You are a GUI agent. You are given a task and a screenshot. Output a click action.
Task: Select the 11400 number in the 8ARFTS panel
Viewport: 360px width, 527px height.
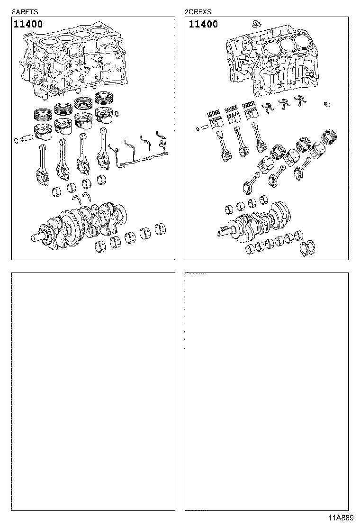pos(28,24)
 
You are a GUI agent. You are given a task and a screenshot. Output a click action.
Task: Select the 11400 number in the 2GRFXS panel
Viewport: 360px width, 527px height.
pos(203,24)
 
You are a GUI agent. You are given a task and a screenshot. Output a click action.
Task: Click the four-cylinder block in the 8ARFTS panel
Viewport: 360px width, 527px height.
pos(76,62)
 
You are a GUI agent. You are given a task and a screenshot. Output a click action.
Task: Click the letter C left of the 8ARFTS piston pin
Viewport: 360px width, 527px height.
pos(16,139)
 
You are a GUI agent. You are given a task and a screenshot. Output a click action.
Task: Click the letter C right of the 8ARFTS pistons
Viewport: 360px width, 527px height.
pos(117,113)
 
